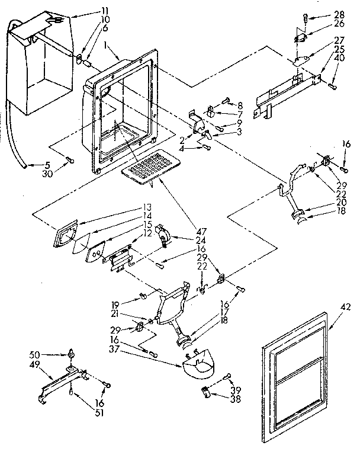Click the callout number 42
[x=346, y=306]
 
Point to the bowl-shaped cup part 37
[x=199, y=367]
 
